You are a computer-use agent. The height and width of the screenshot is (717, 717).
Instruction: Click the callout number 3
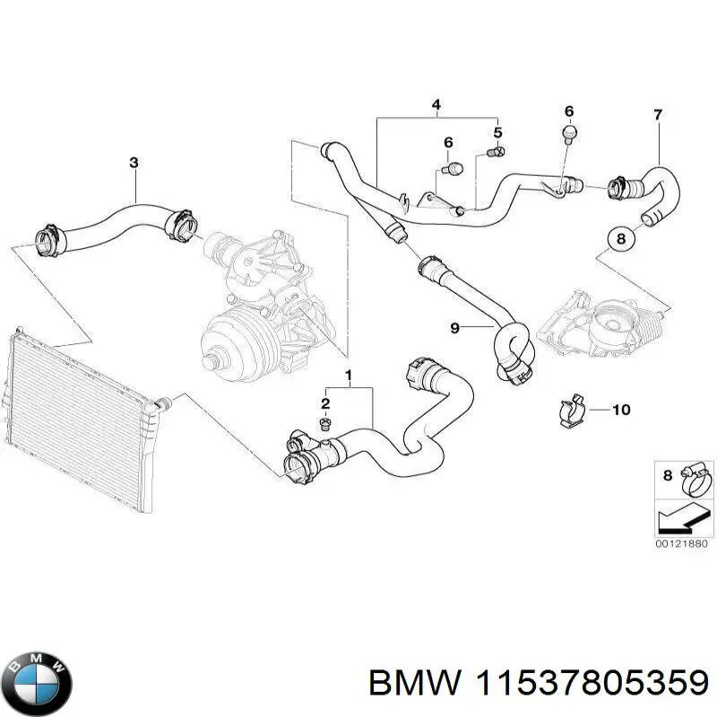point(134,162)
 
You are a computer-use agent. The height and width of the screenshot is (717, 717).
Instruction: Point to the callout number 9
point(454,329)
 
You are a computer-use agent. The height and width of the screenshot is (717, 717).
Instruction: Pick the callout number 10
point(621,410)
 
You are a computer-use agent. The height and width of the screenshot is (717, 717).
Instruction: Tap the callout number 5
point(498,133)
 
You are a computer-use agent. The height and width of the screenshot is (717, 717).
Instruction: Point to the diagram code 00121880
point(680,544)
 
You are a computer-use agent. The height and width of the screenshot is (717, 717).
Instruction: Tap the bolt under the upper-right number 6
point(568,134)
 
